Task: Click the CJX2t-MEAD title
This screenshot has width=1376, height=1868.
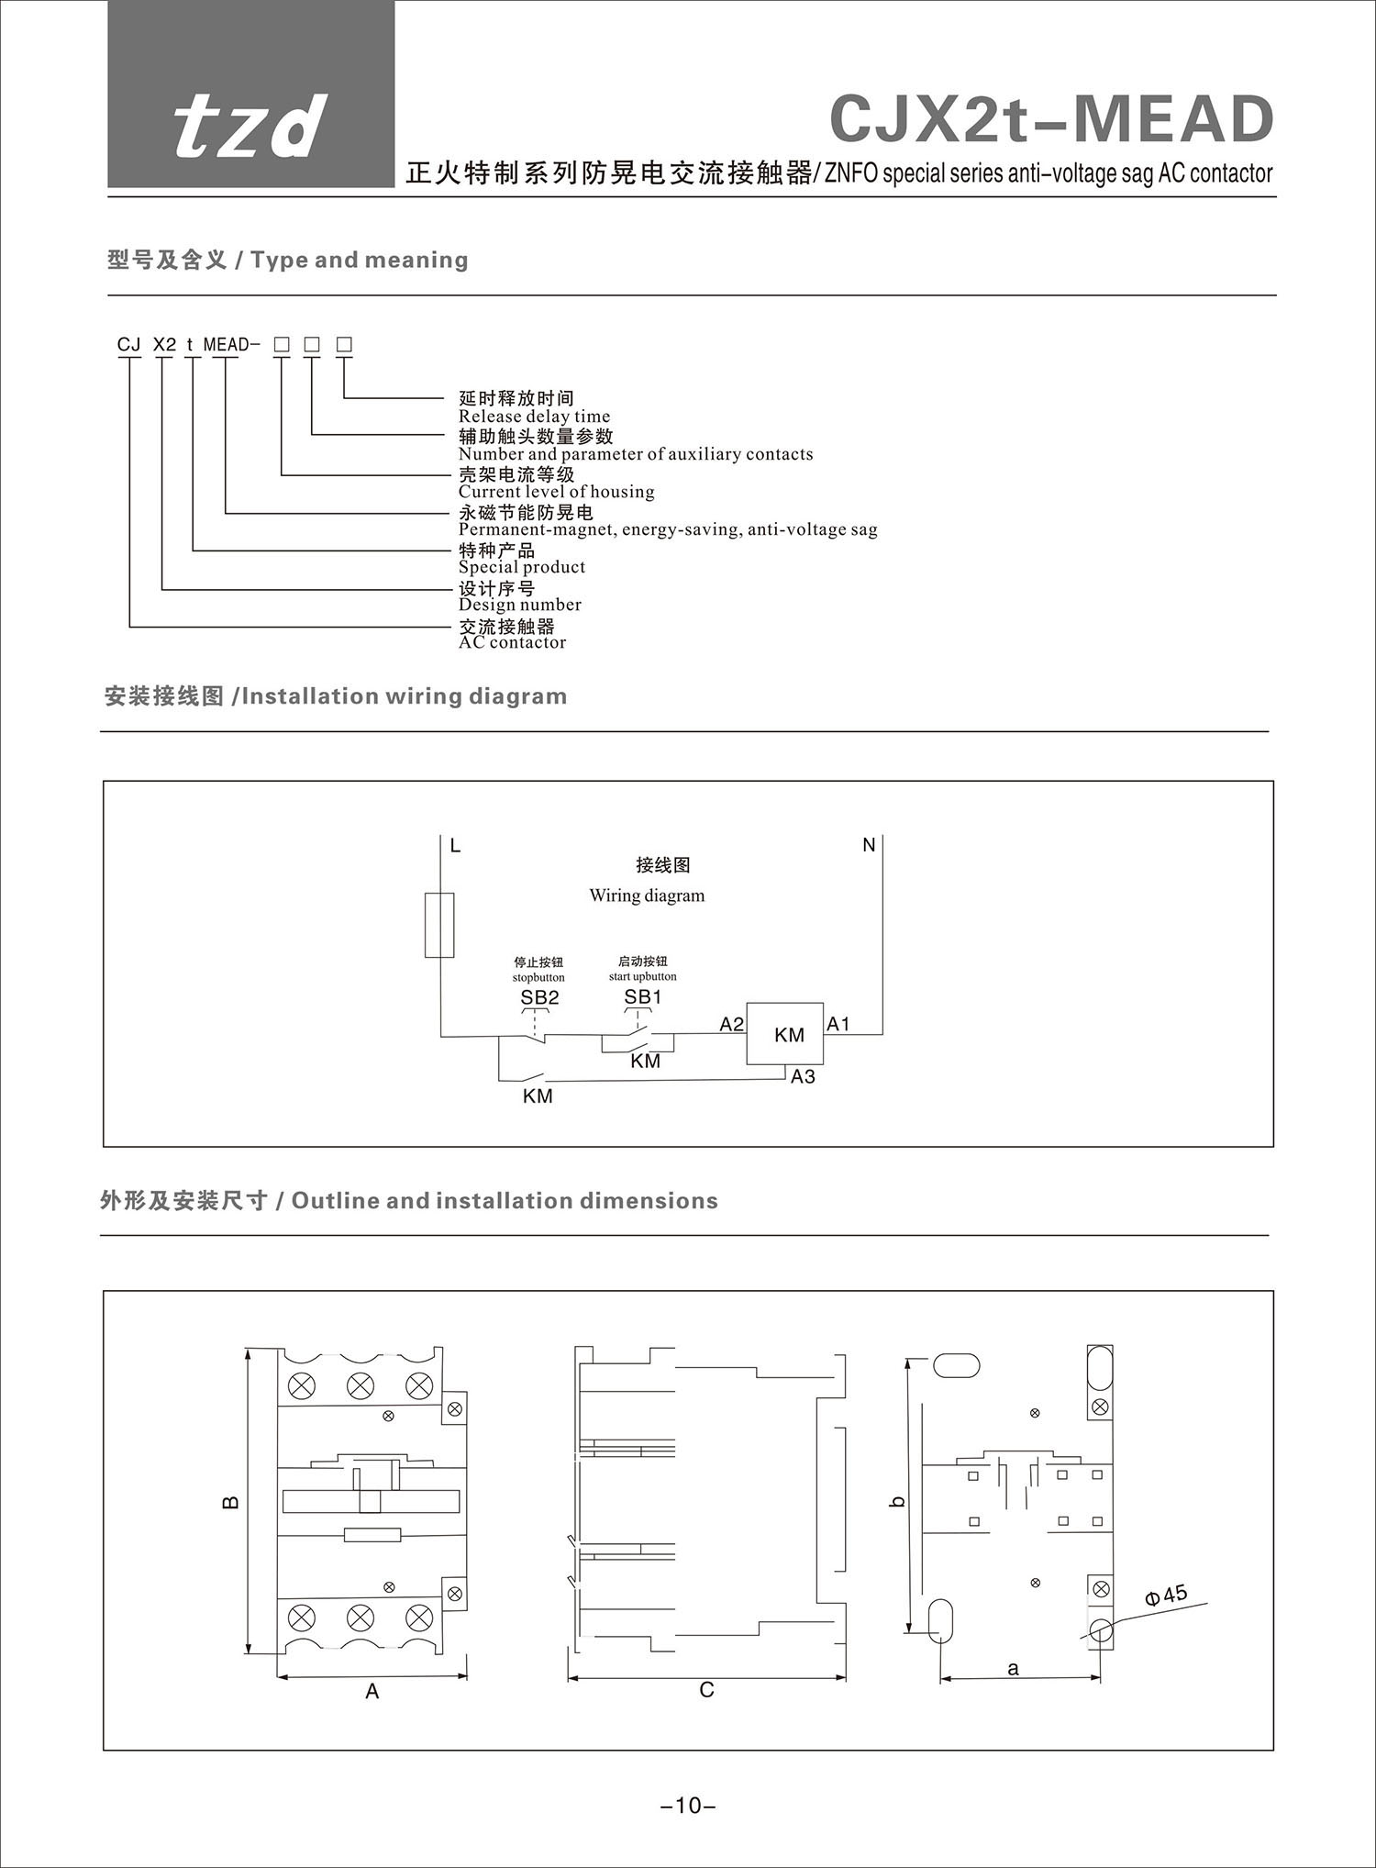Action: pos(1051,119)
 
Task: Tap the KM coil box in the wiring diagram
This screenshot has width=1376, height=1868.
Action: pos(786,1034)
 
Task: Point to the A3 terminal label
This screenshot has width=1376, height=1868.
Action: pos(803,1076)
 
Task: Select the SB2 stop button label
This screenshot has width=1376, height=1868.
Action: pos(539,997)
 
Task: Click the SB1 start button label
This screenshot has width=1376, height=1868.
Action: pos(642,996)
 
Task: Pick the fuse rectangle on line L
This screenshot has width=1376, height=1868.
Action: pos(439,924)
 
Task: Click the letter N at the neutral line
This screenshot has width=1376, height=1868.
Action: pos(869,845)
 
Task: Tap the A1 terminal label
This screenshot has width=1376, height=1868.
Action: pos(838,1024)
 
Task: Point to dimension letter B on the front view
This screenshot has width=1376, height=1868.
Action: pos(231,1502)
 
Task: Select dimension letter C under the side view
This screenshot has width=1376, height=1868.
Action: pos(706,1690)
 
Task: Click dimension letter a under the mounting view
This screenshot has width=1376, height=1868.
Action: pos(1013,1669)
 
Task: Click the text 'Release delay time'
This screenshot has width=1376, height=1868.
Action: pos(534,417)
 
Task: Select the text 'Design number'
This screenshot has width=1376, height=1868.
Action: pos(519,605)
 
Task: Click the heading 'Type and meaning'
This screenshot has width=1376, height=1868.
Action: pos(359,261)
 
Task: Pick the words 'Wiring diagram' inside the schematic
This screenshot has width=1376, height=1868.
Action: pos(647,895)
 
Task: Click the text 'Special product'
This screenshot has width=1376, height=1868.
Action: pos(521,567)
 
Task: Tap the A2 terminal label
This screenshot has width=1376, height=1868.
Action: pos(731,1024)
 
